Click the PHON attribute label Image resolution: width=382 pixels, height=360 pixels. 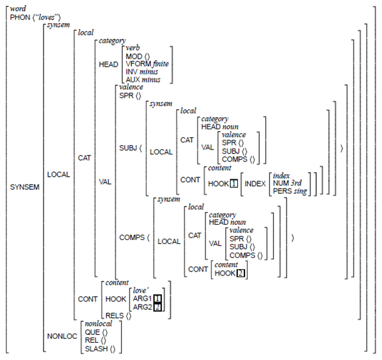pos(20,18)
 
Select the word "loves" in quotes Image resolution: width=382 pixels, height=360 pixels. pos(47,18)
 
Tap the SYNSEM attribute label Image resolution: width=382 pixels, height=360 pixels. pos(24,187)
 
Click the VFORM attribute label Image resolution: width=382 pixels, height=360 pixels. pos(138,64)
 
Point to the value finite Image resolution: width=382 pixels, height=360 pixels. pos(161,64)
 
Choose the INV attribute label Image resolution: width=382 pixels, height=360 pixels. pos(132,72)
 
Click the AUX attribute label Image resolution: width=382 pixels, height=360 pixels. pos(133,80)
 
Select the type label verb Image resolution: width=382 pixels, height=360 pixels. pos(133,48)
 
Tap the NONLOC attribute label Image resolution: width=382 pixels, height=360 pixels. pos(62,336)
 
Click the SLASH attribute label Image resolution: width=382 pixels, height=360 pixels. pos(96,349)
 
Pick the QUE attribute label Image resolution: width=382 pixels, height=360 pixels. pos(92,332)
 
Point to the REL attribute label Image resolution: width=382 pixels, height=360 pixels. pos(92,340)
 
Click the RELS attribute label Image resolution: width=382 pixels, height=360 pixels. pos(115,316)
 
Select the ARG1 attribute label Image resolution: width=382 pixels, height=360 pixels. pos(142,299)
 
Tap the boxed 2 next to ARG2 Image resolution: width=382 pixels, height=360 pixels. pos(157,307)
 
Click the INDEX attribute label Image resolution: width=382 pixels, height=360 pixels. pos(255,184)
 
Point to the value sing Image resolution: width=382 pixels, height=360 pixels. pos(300,191)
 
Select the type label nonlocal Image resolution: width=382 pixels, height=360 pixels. pos(98,324)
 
